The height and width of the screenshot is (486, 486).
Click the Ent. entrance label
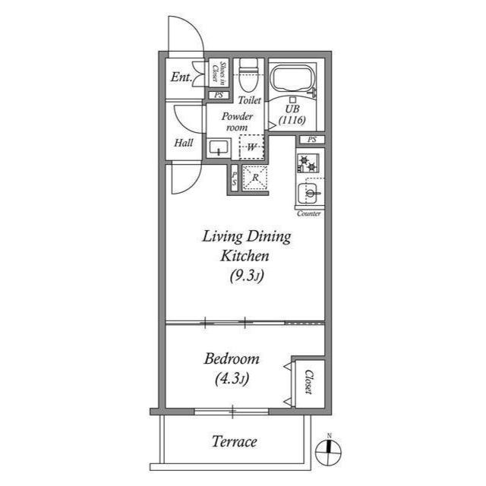tap(181, 77)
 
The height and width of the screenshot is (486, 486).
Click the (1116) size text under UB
tap(292, 120)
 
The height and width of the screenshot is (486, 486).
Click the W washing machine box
tap(251, 146)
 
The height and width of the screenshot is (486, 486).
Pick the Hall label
tap(183, 143)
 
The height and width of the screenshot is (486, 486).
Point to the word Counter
tap(309, 214)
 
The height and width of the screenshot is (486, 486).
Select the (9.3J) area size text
tap(246, 276)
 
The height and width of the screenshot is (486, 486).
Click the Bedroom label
tap(232, 358)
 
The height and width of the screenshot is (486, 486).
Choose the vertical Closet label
tap(309, 382)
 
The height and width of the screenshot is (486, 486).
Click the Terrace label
tap(233, 441)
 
